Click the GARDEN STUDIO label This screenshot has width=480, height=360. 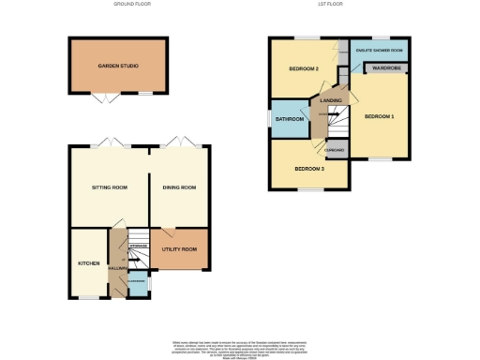tap(118, 67)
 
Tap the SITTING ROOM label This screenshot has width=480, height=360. tap(109, 187)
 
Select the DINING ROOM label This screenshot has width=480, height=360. tap(178, 187)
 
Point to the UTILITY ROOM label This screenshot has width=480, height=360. tap(178, 249)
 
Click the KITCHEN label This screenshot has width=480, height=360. tap(88, 263)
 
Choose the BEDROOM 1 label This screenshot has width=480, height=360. tap(379, 115)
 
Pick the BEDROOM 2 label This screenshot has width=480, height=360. tap(304, 69)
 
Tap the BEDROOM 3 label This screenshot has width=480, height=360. tap(308, 168)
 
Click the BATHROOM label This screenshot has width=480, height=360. tap(289, 119)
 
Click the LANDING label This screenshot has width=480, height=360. tap(330, 99)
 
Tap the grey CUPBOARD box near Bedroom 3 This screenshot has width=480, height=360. tap(336, 149)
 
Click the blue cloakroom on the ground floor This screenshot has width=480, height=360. tap(137, 284)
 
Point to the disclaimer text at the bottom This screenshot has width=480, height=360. tap(240, 346)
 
